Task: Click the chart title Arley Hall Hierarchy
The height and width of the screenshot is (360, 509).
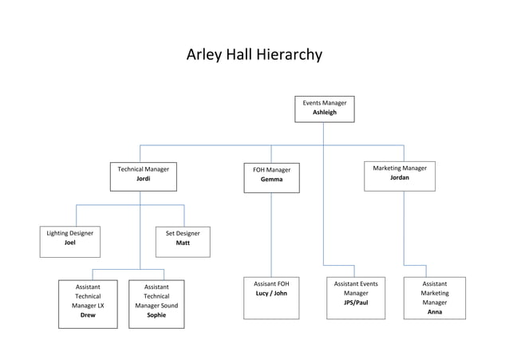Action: (x=254, y=55)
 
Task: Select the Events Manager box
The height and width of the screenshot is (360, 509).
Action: (x=324, y=109)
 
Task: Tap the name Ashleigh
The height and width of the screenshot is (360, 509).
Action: (x=324, y=113)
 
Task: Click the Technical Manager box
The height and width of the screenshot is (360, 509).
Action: (x=143, y=176)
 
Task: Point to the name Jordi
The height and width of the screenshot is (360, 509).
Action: (x=143, y=179)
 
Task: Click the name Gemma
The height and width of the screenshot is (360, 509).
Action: (x=271, y=180)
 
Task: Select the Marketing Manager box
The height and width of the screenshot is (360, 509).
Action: (x=399, y=176)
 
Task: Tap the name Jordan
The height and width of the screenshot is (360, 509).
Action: (x=400, y=178)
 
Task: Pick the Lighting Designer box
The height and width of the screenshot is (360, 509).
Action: (x=70, y=242)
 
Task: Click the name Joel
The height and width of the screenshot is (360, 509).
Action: (x=70, y=243)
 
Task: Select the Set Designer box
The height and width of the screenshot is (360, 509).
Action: (x=183, y=242)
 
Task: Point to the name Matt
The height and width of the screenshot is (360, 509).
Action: (x=183, y=243)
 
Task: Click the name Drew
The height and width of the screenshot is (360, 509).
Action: (x=88, y=315)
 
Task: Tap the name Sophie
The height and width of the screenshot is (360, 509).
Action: (x=156, y=315)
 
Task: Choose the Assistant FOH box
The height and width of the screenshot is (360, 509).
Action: (x=271, y=298)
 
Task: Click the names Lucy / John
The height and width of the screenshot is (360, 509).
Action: (x=270, y=294)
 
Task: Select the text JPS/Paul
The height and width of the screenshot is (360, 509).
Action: (x=356, y=303)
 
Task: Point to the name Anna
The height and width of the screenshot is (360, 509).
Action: (x=435, y=312)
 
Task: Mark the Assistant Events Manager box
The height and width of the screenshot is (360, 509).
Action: (x=356, y=298)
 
